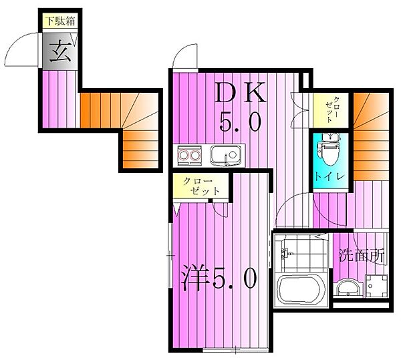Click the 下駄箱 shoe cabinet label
(x=59, y=21)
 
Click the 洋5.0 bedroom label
(x=218, y=277)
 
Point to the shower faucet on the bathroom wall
(x=286, y=254)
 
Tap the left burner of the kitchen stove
(x=184, y=158)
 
